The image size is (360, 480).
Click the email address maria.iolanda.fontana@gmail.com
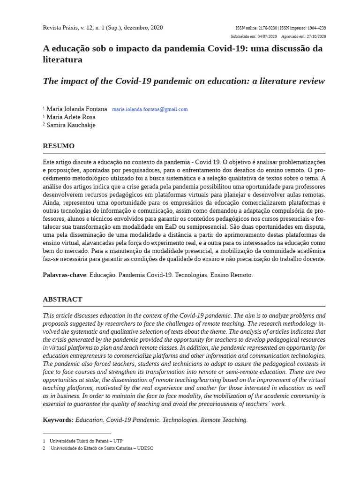[x=150, y=109]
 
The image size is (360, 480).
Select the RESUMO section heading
[x=59, y=146]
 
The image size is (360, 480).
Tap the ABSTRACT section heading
[x=62, y=299]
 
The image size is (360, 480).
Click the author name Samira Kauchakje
[x=71, y=125]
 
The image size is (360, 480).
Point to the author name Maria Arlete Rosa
[x=71, y=117]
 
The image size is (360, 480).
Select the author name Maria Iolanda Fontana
[x=76, y=109]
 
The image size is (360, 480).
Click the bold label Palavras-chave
[x=64, y=275]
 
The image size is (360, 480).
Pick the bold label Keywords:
[x=58, y=420]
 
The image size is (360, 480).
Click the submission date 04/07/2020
[x=267, y=37]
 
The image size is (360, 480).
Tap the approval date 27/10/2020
[x=316, y=37]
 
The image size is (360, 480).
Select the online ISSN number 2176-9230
[x=268, y=28]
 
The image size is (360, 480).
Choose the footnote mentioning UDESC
[x=101, y=448]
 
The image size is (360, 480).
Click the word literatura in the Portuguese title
[x=62, y=60]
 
